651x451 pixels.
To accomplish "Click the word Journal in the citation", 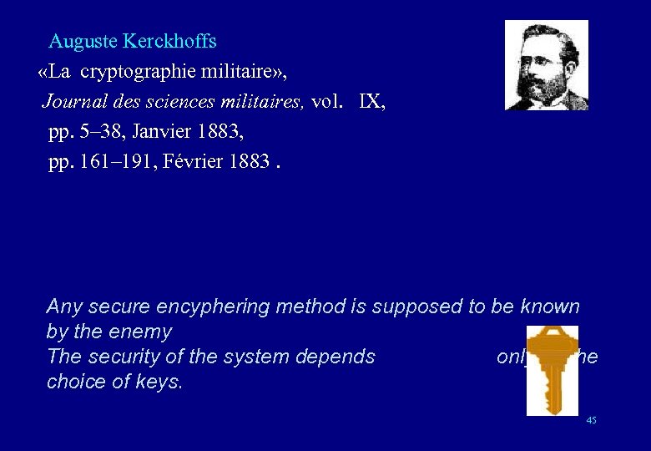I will tap(71, 102).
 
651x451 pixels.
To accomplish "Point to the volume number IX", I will tap(372, 102).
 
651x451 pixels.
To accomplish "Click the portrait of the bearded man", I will tap(547, 65).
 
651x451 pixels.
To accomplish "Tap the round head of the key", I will tap(552, 343).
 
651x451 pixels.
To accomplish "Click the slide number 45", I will tap(591, 421).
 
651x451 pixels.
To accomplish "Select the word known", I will tap(550, 307).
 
